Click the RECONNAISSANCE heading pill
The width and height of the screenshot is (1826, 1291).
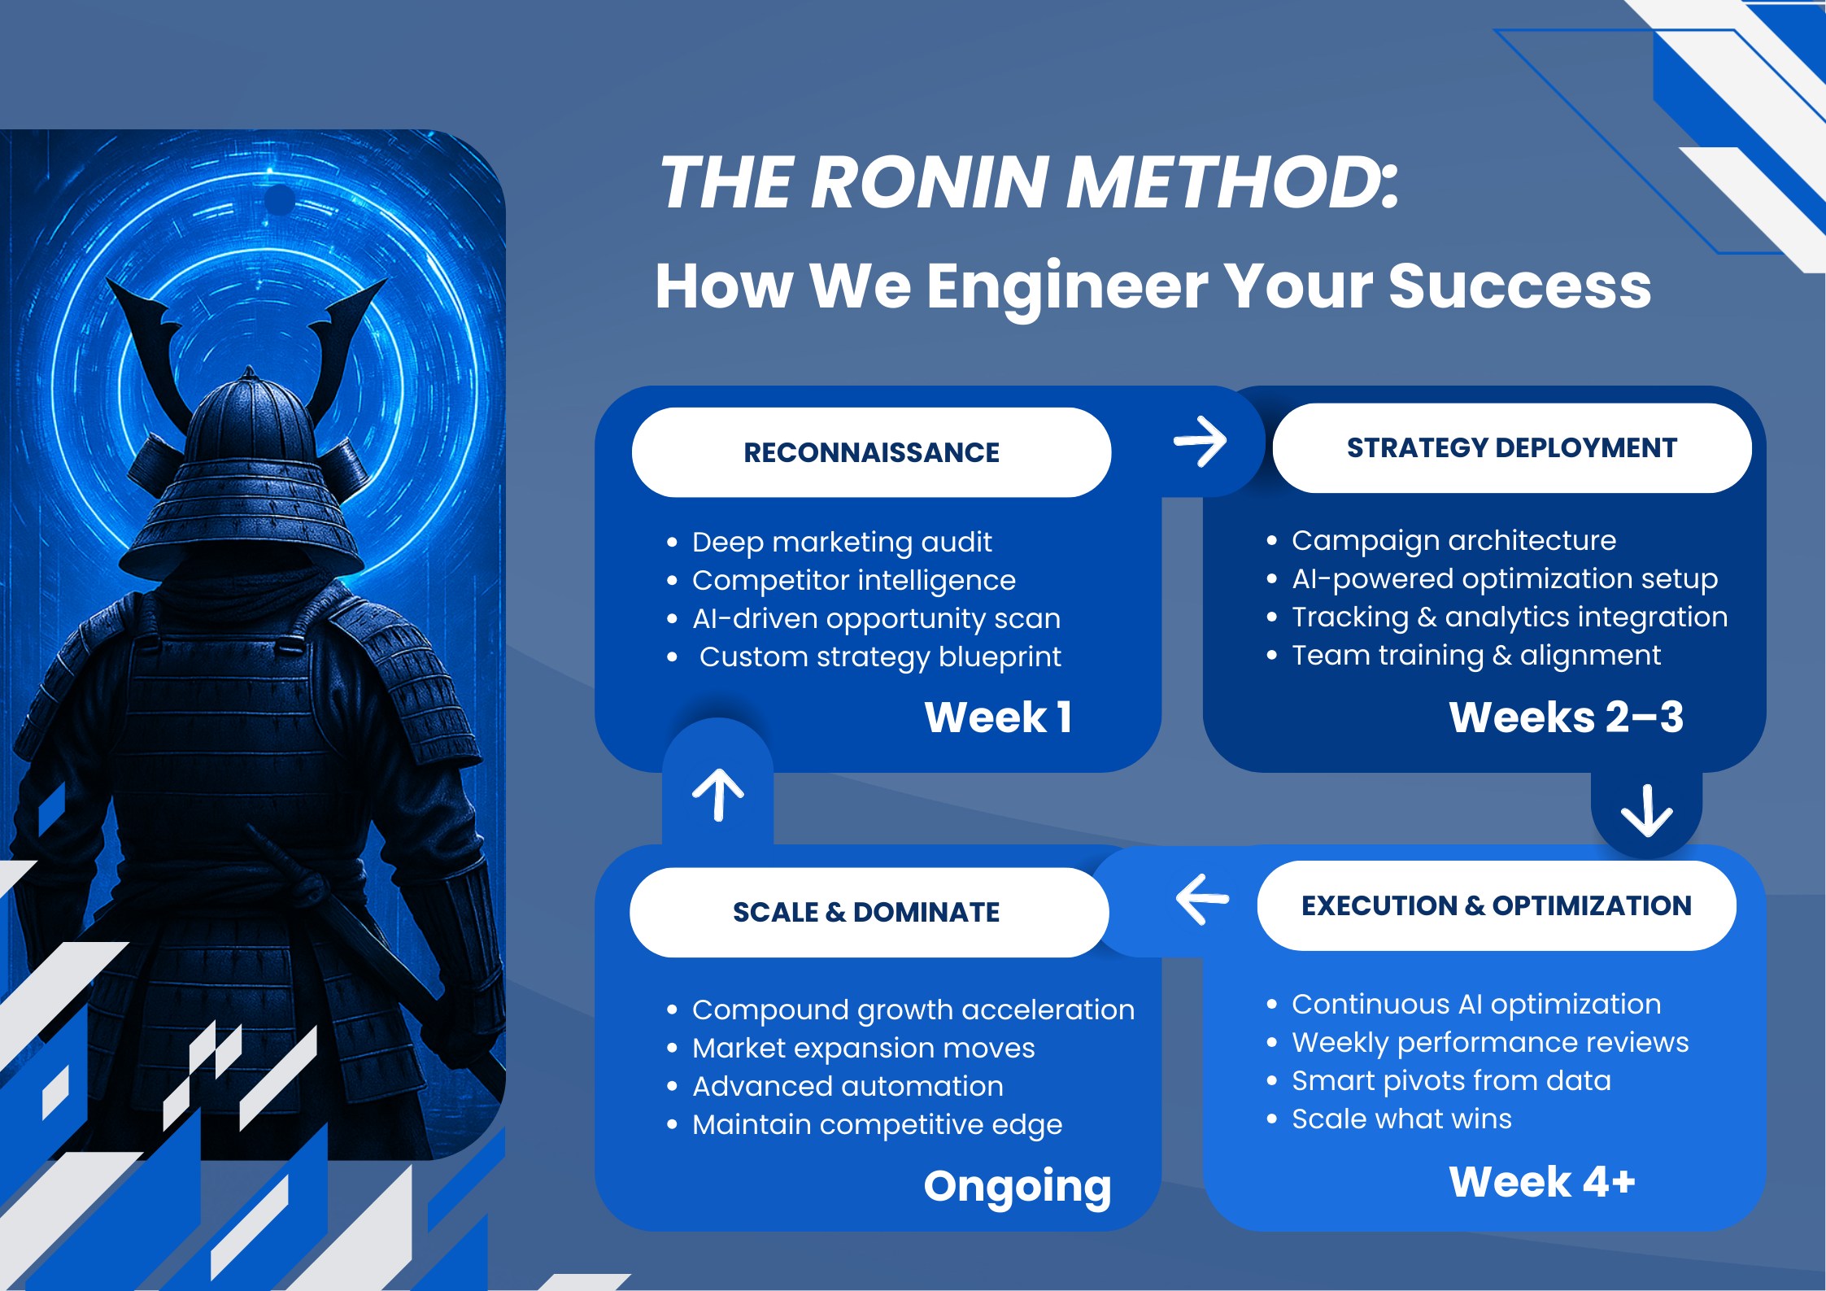point(871,452)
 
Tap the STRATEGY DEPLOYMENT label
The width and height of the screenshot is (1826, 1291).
point(1512,447)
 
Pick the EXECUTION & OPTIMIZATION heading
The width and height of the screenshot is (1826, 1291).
point(1497,905)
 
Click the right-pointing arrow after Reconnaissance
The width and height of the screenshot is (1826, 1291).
point(1200,442)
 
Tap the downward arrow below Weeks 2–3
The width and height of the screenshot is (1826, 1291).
point(1647,811)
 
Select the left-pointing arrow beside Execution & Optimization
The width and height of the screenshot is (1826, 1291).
point(1202,899)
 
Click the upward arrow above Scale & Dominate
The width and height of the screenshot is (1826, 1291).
point(718,795)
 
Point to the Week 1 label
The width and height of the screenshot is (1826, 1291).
point(998,717)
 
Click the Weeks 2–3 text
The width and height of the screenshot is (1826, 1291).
point(1566,717)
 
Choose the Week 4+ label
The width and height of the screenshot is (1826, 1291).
point(1542,1181)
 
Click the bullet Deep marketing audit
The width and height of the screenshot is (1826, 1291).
point(842,542)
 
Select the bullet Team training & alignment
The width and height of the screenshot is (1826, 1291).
point(1476,655)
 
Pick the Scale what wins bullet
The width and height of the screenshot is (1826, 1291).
point(1401,1119)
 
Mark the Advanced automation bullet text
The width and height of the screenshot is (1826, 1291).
point(848,1086)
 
